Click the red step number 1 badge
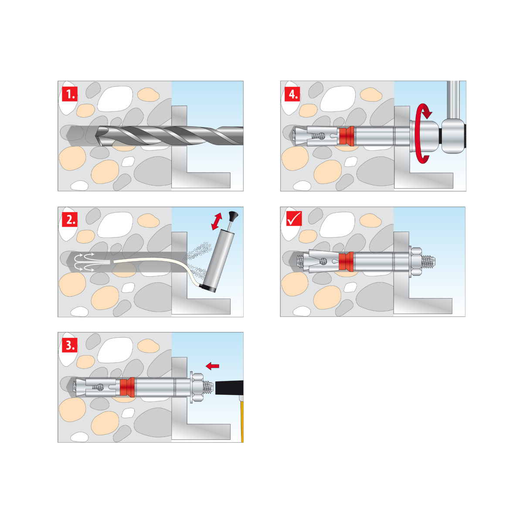coord(70,94)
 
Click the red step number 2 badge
coord(70,219)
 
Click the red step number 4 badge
coord(292,94)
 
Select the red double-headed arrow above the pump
coord(217,221)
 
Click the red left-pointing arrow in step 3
coord(212,366)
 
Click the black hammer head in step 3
coord(229,387)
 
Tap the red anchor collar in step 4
coord(347,136)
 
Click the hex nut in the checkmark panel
coord(416,261)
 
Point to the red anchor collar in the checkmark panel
coord(346,261)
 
